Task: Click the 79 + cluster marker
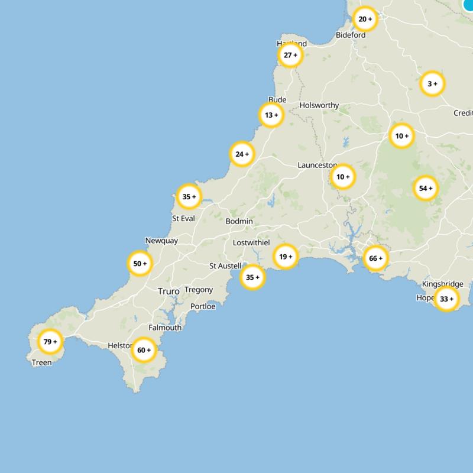pos(50,341)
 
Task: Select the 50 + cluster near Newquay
pos(140,264)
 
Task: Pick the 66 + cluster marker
pos(376,258)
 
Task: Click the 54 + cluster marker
pos(426,189)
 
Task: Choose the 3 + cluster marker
pos(432,84)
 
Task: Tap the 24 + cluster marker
pos(242,154)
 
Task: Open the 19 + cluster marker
pos(286,257)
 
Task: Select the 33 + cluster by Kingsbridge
pos(446,299)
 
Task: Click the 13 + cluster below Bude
pos(271,115)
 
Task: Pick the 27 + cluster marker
pos(290,56)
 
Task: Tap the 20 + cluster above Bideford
pos(365,19)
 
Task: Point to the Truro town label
pos(169,291)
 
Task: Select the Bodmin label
pos(239,221)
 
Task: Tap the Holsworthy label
pos(319,105)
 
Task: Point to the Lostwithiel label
pos(251,243)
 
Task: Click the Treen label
pos(41,362)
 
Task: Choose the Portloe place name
pos(203,306)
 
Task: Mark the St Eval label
pos(183,218)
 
